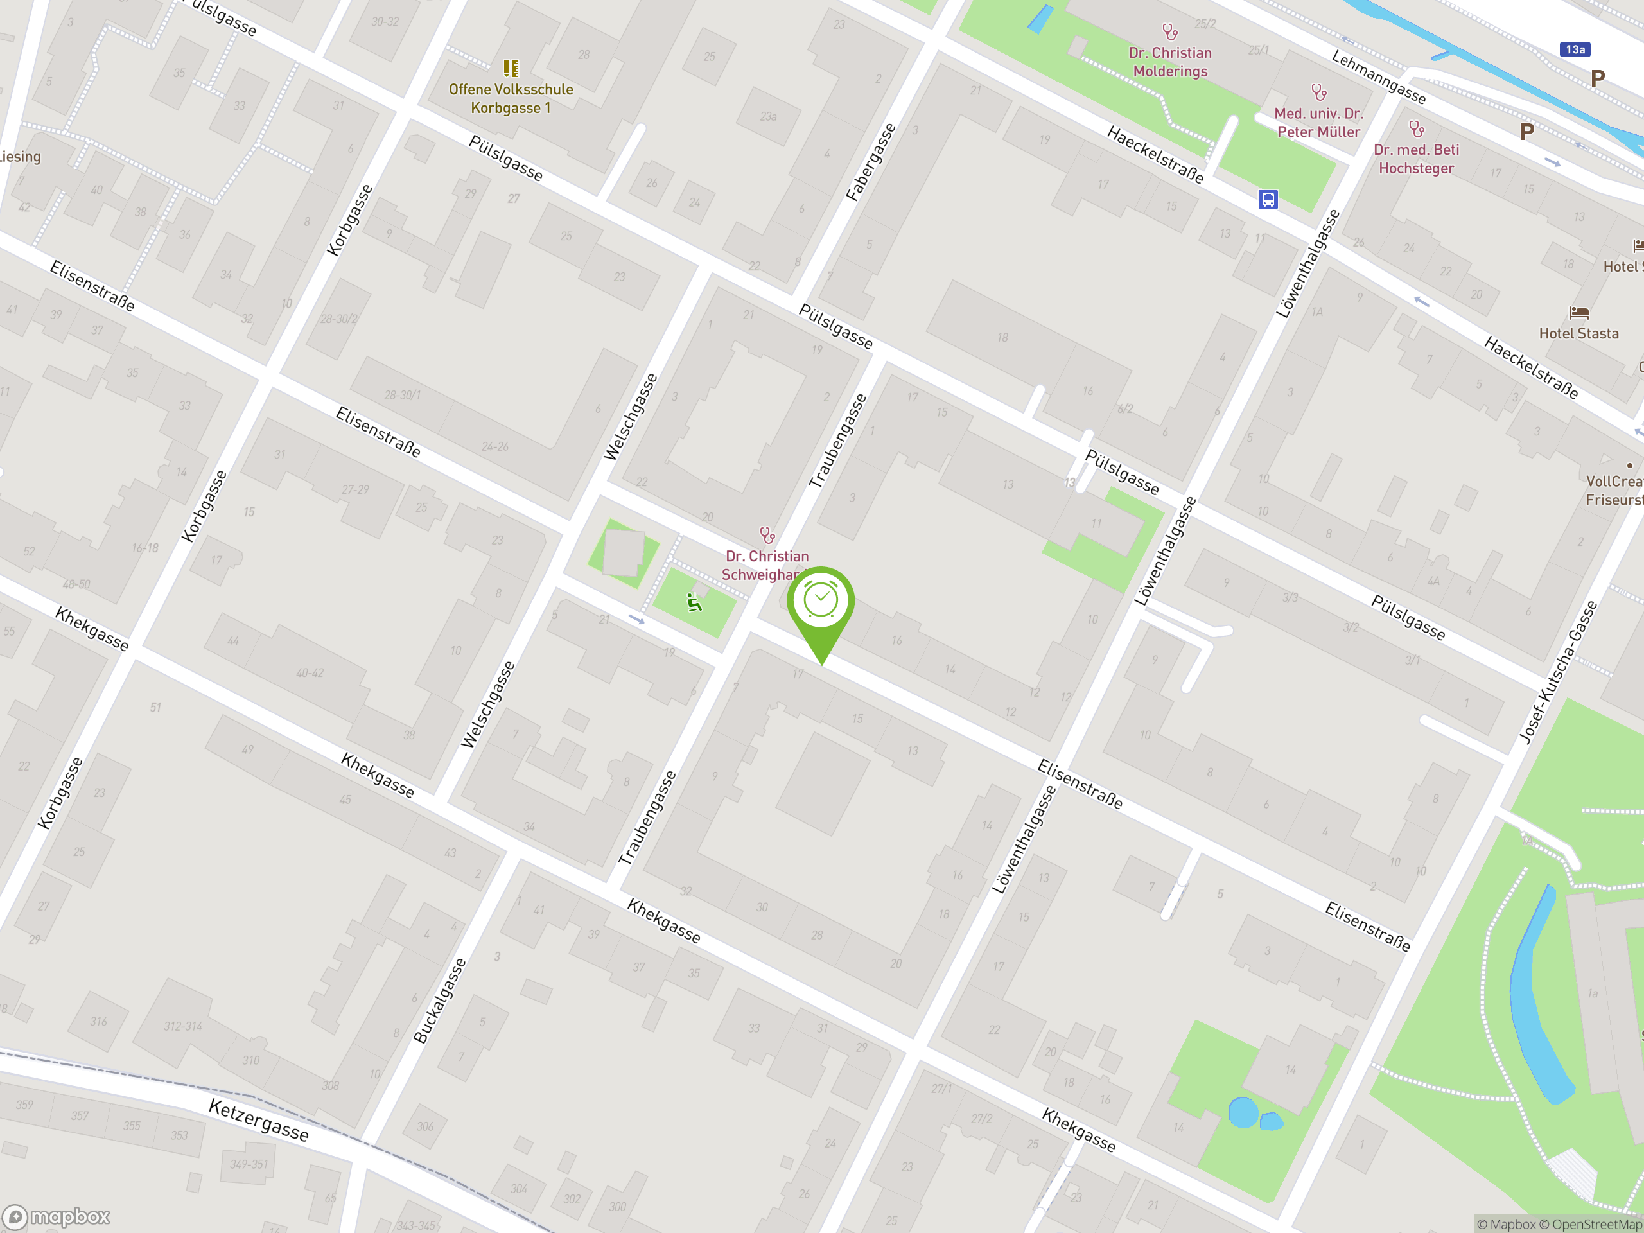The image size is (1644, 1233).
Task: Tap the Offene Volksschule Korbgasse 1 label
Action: [511, 99]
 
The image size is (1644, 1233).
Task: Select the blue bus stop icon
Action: [1268, 199]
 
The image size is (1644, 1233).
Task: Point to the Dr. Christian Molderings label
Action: [1170, 62]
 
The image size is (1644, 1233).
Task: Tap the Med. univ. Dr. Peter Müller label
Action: [1318, 123]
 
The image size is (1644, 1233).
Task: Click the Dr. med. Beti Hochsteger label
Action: [1416, 159]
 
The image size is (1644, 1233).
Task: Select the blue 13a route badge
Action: [1575, 49]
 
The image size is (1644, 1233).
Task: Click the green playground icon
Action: [694, 602]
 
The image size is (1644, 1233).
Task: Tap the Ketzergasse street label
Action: [258, 1120]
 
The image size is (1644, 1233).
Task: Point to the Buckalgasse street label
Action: [439, 1001]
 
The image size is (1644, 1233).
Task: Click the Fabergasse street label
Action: [871, 162]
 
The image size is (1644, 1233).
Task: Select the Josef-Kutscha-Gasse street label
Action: [1557, 672]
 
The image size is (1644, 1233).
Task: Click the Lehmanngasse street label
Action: [1379, 77]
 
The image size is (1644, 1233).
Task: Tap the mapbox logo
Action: [57, 1217]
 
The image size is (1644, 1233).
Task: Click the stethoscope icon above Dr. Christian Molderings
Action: [1170, 31]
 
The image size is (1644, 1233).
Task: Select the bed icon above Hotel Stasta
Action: [1578, 313]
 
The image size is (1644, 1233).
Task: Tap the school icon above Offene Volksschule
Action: [511, 68]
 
